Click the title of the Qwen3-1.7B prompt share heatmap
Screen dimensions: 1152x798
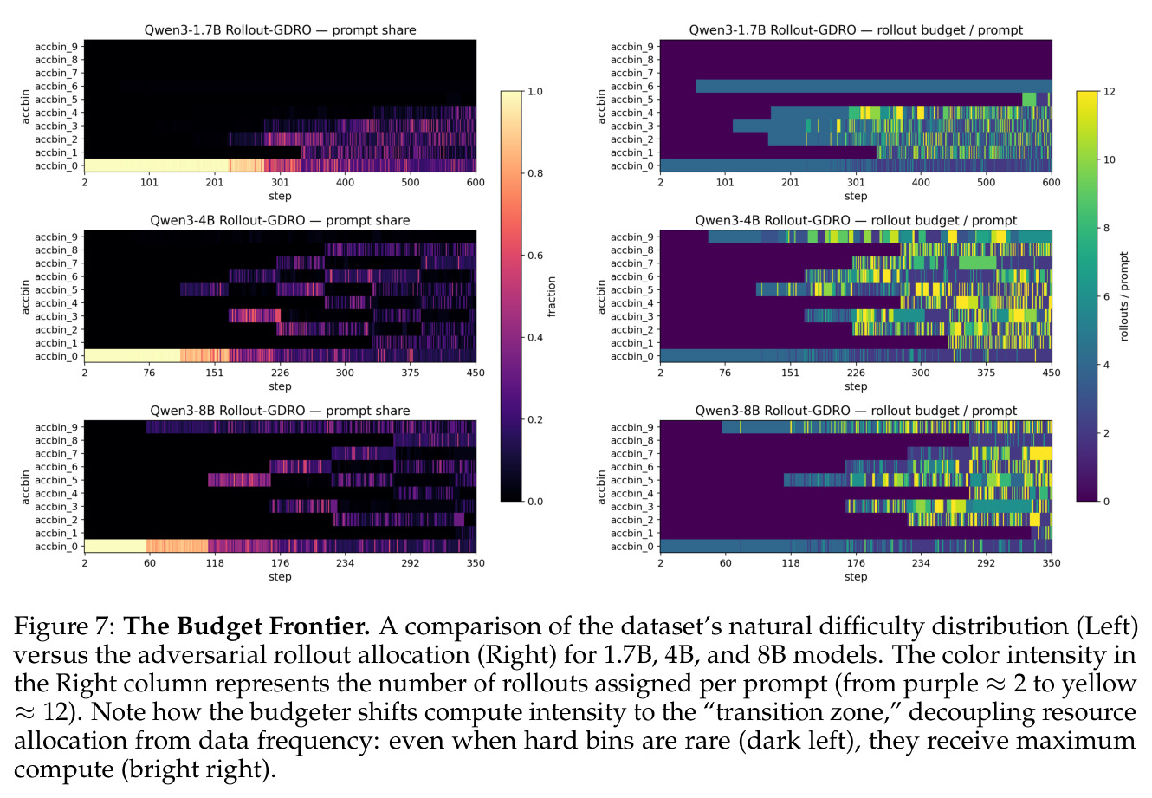pyautogui.click(x=280, y=29)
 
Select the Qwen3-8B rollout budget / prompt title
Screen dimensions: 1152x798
pyautogui.click(x=856, y=411)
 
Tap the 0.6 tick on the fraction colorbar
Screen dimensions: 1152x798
pyautogui.click(x=535, y=256)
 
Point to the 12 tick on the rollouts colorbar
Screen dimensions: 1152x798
pyautogui.click(x=1110, y=92)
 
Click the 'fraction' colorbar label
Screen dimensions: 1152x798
pyautogui.click(x=551, y=296)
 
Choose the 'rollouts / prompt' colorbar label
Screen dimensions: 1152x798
pyautogui.click(x=1123, y=296)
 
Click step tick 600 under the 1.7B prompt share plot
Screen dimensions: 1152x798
pyautogui.click(x=476, y=182)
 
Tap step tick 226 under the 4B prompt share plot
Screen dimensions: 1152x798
pyautogui.click(x=280, y=373)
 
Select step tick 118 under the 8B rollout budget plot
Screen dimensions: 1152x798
pyautogui.click(x=791, y=563)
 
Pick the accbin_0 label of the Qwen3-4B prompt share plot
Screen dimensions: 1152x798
pyautogui.click(x=56, y=356)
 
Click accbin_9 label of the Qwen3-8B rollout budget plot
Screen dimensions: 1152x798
pyautogui.click(x=632, y=427)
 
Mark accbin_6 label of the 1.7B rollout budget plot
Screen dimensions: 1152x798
pyautogui.click(x=632, y=87)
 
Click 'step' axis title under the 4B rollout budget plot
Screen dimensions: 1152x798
pyautogui.click(x=856, y=386)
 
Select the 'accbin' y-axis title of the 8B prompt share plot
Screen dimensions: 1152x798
pyautogui.click(x=25, y=487)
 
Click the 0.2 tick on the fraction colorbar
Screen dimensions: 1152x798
pyautogui.click(x=535, y=420)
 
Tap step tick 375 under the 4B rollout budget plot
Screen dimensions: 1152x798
pyautogui.click(x=986, y=373)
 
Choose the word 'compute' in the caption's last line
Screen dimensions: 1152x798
pyautogui.click(x=65, y=770)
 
